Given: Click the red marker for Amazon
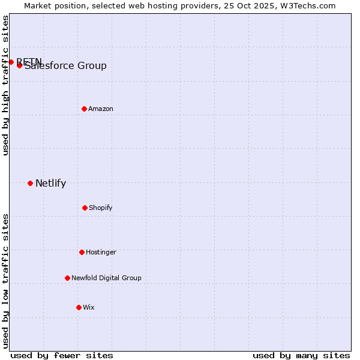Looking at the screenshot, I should [x=84, y=109].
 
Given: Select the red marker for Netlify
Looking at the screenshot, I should [x=30, y=183].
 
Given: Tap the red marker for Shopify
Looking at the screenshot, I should [x=85, y=208].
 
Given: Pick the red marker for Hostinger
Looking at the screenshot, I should [x=82, y=252].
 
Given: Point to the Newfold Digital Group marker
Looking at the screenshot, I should [x=67, y=278].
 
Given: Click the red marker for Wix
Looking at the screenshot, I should [x=79, y=307].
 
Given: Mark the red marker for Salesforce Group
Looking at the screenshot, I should [x=19, y=65].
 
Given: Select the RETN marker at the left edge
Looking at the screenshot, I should [x=11, y=62].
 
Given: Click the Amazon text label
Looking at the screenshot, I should [x=101, y=109].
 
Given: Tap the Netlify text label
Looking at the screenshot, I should [x=50, y=184].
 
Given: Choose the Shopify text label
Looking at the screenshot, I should [x=101, y=208].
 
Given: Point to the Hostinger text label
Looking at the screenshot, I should [x=101, y=252].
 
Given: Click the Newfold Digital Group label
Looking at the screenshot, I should [x=106, y=278].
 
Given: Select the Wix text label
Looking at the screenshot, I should [x=89, y=307].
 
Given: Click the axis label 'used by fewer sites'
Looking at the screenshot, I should [x=62, y=355].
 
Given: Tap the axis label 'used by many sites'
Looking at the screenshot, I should [x=301, y=355].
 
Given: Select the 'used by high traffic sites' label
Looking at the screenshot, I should [x=5, y=85].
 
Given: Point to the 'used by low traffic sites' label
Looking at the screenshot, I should [x=5, y=281].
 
